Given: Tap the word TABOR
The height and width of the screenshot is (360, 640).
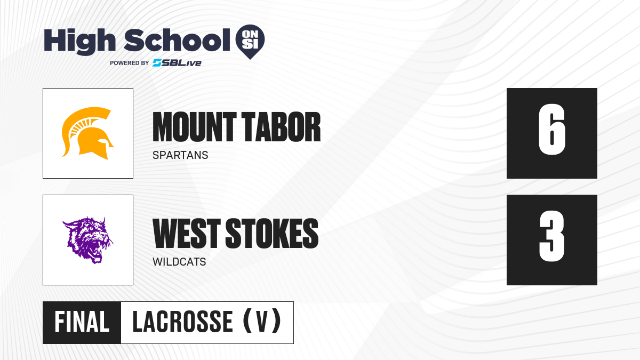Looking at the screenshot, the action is [282, 127].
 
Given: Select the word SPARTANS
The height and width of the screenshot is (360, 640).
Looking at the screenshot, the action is [180, 155].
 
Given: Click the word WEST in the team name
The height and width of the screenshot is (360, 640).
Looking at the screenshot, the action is [187, 233].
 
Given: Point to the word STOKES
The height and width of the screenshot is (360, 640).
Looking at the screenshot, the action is [272, 233].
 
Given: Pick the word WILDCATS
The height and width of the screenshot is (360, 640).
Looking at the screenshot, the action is [179, 262].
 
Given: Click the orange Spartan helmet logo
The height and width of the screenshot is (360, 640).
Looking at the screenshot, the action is [87, 133].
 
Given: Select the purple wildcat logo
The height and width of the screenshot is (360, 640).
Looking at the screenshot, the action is [87, 240].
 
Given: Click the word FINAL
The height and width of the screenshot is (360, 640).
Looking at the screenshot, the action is [82, 322].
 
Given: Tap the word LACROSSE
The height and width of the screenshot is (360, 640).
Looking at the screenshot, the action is [182, 322].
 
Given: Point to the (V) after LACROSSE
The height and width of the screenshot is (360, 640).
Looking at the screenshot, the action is [262, 321].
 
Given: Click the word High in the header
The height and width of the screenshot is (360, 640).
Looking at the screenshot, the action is [79, 41].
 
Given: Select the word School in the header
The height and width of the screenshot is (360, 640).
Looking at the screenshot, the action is [177, 40].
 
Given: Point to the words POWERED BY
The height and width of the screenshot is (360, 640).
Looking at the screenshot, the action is [129, 63].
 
